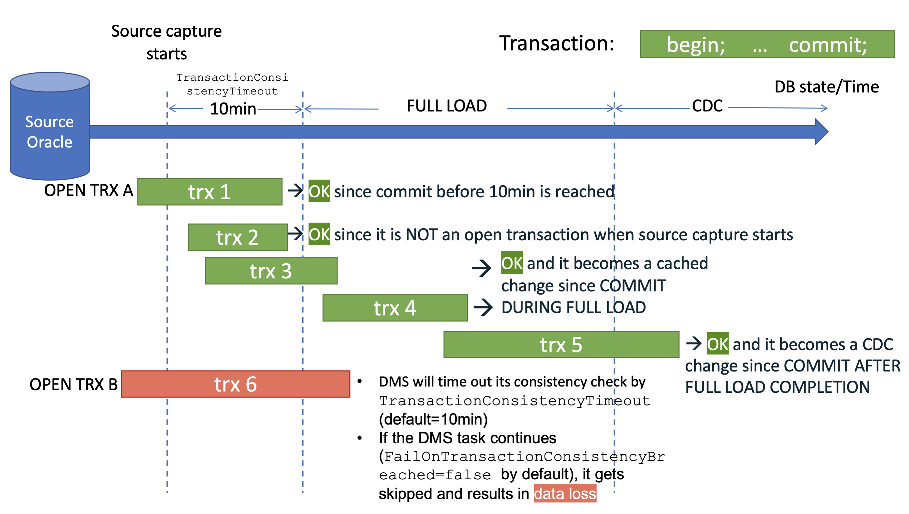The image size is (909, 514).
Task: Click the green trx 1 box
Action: point(210,192)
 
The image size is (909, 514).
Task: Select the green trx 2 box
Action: point(237,237)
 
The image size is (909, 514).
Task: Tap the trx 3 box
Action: point(271,271)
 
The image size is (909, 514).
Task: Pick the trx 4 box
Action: point(395,308)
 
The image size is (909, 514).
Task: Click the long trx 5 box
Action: point(561,344)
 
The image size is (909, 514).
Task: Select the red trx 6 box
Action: point(235,384)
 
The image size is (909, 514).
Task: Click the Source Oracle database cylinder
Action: point(50,132)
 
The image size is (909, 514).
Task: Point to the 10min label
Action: point(233,108)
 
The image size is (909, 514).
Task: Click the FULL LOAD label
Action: point(446,106)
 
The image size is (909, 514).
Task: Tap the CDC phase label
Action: point(707,106)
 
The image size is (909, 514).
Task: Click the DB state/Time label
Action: point(826,87)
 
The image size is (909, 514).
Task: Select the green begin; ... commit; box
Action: point(767,44)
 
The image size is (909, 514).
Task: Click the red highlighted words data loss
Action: point(565,494)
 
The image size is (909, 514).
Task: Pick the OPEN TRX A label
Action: point(88,190)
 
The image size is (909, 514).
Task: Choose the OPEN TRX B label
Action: point(73,384)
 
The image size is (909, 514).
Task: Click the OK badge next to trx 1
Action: point(319,191)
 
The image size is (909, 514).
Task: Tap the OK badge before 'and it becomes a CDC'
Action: point(717,344)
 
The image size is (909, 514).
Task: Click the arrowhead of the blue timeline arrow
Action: point(822,132)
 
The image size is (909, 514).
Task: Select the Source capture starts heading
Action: point(166,42)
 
